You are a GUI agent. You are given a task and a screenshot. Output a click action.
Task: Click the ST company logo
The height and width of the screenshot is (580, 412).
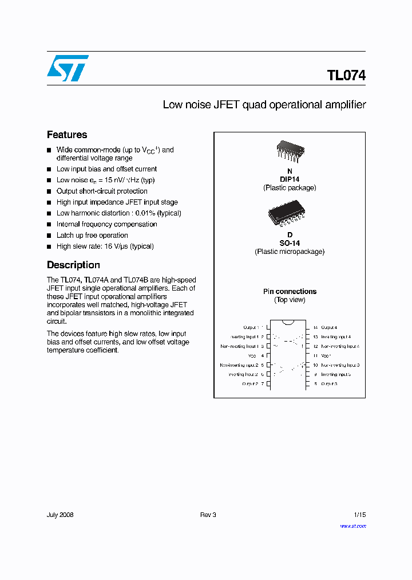pos(68,68)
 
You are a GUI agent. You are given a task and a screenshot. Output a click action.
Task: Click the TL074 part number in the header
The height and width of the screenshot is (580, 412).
pos(346,76)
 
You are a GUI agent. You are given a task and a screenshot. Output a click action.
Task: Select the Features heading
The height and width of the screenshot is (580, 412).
pos(67,135)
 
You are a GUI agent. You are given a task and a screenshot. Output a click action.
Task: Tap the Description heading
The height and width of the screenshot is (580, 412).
pos(73,265)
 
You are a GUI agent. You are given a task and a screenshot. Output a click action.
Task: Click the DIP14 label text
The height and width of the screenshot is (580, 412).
pos(290,179)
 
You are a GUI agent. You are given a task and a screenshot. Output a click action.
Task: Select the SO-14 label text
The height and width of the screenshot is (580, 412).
pos(290,243)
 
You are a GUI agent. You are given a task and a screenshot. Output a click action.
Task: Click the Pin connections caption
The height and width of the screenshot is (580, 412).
pos(290,292)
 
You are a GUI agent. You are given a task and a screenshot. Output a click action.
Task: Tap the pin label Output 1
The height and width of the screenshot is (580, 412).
pos(251,327)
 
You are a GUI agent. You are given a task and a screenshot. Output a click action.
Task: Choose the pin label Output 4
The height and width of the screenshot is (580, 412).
pos(329,327)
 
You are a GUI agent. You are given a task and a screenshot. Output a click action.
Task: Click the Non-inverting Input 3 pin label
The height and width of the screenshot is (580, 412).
pos(340,365)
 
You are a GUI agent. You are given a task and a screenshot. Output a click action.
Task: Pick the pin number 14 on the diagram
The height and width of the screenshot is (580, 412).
pos(315,327)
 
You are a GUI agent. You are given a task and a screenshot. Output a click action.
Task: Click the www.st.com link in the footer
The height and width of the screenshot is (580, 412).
pos(352,526)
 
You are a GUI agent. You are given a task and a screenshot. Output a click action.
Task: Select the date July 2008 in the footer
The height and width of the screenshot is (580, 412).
pos(60,515)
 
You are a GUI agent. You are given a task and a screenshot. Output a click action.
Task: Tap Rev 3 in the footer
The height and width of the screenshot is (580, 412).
pos(208,515)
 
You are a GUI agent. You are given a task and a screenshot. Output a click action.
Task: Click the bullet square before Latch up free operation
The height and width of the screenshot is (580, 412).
pos(49,236)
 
